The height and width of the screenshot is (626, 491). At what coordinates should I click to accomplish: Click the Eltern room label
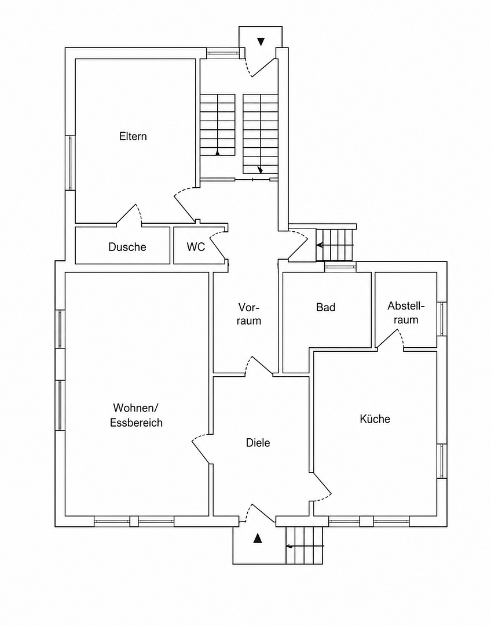(133, 137)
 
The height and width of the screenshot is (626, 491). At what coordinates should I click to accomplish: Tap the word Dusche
(127, 247)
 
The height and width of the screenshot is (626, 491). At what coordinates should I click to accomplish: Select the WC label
(196, 247)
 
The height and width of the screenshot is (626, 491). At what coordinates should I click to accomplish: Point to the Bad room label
(325, 307)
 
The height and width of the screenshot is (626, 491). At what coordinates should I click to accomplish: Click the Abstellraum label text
(406, 313)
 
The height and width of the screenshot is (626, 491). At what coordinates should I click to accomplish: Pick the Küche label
(375, 419)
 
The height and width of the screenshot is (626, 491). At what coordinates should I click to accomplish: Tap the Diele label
(258, 443)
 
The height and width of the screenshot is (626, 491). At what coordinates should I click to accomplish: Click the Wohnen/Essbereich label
(136, 415)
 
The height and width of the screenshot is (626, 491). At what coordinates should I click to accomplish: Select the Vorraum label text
(249, 314)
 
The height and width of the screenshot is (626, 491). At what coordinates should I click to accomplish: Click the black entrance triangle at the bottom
(258, 538)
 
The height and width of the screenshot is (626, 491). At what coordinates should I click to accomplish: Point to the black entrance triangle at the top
(261, 42)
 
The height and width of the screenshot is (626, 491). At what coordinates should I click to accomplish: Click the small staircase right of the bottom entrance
(304, 545)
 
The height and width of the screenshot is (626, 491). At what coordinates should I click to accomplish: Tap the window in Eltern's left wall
(70, 162)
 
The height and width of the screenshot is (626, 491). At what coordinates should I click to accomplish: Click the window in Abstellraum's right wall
(442, 319)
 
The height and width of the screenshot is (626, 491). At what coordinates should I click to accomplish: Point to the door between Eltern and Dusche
(129, 215)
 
